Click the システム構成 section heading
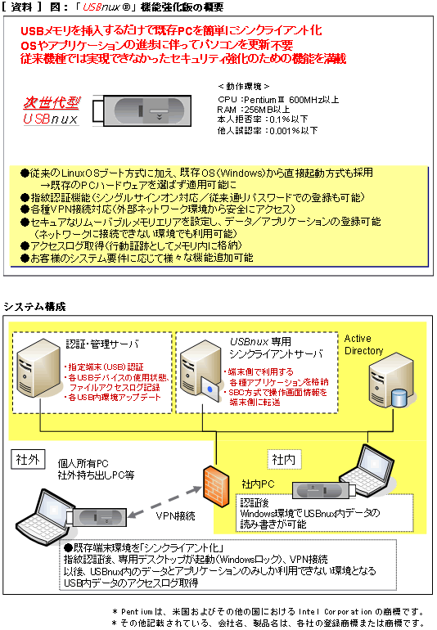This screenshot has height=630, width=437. pos(32,306)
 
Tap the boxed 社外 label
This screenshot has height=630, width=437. pos(27,460)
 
